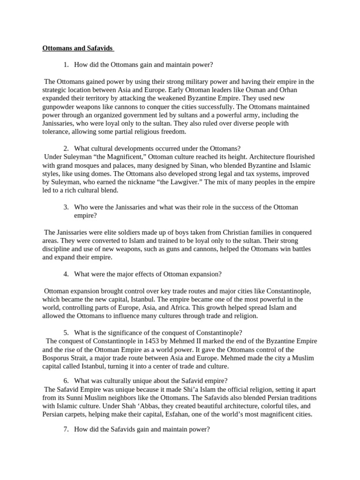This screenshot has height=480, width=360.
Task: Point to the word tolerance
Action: pyautogui.click(x=59, y=132)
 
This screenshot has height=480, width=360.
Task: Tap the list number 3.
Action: pyautogui.click(x=66, y=207)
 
